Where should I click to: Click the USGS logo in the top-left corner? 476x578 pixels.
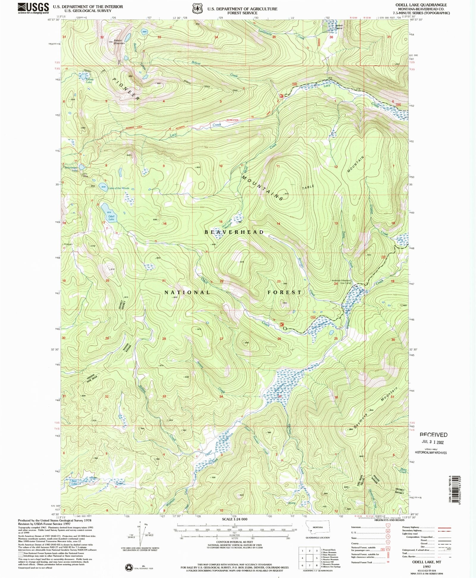(x=33, y=8)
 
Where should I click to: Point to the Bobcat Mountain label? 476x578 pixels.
(x=119, y=42)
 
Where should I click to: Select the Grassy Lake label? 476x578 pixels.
(x=89, y=80)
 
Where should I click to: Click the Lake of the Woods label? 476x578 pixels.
(x=118, y=188)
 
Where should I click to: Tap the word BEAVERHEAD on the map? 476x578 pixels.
(x=234, y=232)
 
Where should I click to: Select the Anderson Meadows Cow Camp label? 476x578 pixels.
(x=342, y=282)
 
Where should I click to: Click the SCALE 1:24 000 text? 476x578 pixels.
(x=235, y=519)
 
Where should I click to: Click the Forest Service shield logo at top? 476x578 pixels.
(x=197, y=9)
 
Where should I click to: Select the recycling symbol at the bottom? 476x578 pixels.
(x=129, y=568)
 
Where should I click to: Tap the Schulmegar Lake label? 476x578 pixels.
(x=71, y=169)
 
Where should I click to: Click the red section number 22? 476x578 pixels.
(x=221, y=281)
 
